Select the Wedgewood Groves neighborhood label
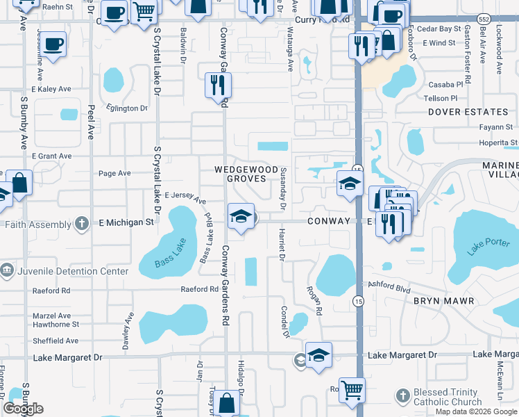241,174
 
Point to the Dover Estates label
468,111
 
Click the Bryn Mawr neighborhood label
443,301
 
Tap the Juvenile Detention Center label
71,272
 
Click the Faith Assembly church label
37,224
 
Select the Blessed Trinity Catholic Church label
448,397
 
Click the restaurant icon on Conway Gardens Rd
218,85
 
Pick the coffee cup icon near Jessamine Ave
53,44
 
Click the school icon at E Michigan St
240,216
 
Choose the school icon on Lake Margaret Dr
318,355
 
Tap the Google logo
23,409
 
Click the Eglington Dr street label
126,108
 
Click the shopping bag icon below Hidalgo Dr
227,402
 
